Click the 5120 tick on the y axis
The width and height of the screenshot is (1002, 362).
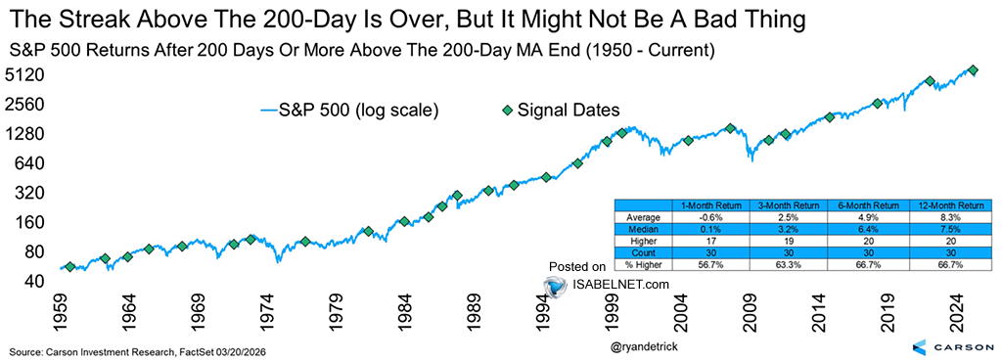23,74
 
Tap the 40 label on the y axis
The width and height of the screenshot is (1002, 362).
33,281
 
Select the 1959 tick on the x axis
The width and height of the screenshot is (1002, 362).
63,314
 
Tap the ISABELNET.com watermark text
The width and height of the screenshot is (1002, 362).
621,285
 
